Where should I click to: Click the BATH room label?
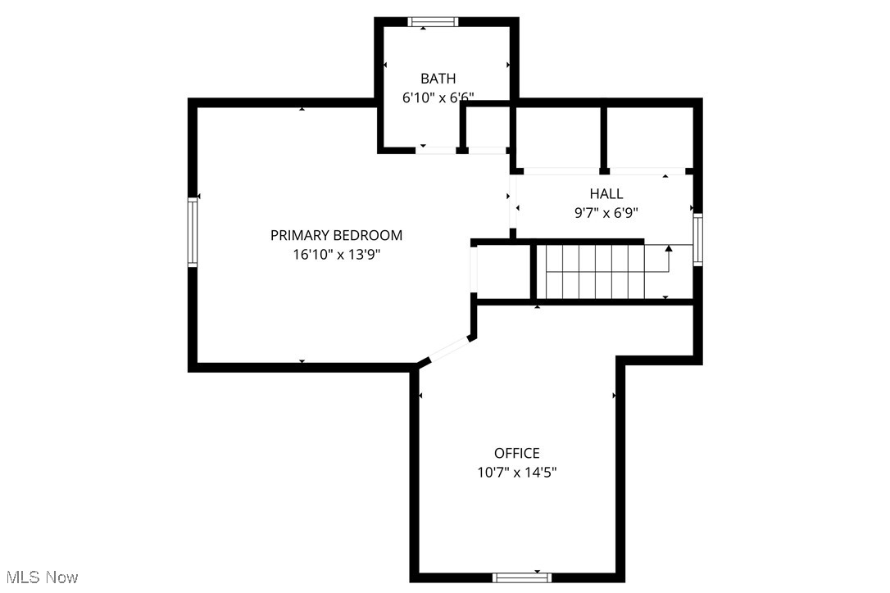(x=438, y=79)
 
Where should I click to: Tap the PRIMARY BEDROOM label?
(x=336, y=235)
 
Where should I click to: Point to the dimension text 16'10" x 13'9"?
(x=336, y=254)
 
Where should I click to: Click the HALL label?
(x=606, y=194)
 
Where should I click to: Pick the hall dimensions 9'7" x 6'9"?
(x=606, y=213)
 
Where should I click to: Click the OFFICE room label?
(x=516, y=453)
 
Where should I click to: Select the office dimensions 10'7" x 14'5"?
(x=516, y=473)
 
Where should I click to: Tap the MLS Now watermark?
(x=39, y=577)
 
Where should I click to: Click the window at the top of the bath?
(x=434, y=22)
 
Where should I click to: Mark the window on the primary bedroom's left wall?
(x=193, y=232)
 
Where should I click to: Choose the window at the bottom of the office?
(x=522, y=577)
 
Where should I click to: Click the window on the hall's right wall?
(x=697, y=239)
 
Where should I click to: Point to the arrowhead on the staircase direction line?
(x=669, y=247)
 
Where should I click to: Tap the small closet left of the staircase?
(x=504, y=272)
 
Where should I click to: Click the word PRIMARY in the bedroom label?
(x=299, y=235)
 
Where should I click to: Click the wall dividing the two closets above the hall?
(x=604, y=138)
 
